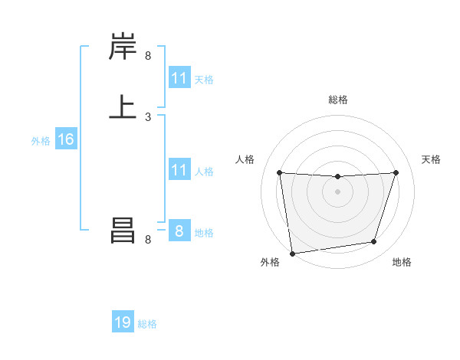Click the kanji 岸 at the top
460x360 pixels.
coord(123,47)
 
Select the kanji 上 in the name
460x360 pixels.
coord(123,106)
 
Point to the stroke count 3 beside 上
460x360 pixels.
coord(148,116)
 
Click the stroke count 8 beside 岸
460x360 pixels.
coord(148,55)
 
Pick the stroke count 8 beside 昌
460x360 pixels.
coord(148,240)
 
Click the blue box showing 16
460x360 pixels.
coord(65,139)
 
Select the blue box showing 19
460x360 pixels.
coord(123,322)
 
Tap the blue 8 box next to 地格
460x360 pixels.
coord(179,231)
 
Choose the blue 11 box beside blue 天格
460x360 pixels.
coord(179,78)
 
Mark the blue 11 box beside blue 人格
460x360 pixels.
coord(179,170)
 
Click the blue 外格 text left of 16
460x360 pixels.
coord(41,141)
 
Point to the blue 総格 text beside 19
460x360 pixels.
coord(147,324)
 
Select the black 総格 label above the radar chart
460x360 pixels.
coord(338,100)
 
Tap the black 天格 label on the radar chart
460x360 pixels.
coord(432,159)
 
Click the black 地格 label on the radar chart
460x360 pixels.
coord(402,262)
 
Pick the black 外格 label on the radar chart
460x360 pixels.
coord(270,262)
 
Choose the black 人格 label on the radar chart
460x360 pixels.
coord(245,159)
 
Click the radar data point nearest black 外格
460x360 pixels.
coord(292,253)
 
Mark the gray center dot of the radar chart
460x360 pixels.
coord(337,191)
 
